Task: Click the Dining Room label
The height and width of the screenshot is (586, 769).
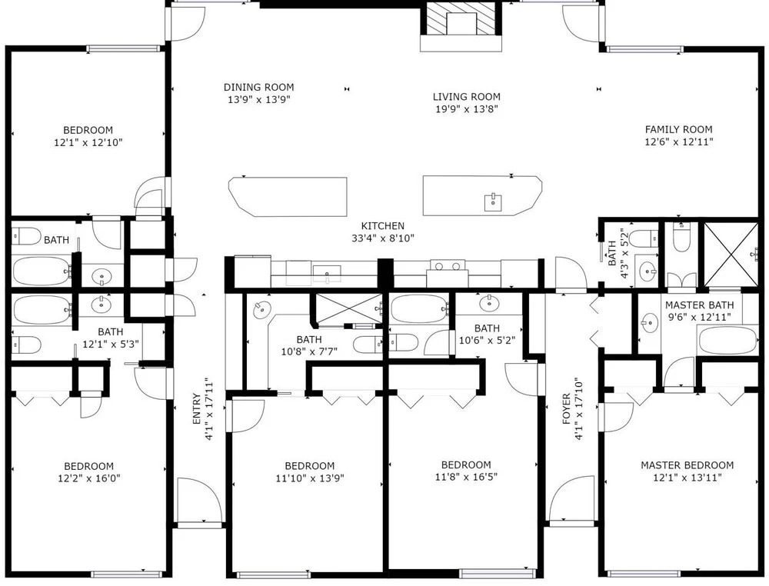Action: (258, 88)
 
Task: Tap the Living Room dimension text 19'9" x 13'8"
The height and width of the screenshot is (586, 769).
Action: (467, 109)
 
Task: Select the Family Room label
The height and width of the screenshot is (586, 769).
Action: (678, 129)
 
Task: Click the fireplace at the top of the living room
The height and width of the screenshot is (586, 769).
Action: (461, 25)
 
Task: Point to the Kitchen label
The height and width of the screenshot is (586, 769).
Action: (382, 226)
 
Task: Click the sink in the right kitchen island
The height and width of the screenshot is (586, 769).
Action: (493, 202)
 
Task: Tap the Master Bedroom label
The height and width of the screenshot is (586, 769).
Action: (687, 464)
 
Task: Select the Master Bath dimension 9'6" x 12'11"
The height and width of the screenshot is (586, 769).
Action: (699, 318)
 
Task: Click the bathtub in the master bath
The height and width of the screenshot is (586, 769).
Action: (727, 341)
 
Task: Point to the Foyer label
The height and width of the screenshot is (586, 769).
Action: (567, 408)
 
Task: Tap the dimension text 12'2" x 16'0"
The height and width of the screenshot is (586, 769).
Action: (88, 478)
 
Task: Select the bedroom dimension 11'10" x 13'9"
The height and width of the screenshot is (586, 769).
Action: (309, 478)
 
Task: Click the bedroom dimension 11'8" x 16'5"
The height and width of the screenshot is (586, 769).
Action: (466, 477)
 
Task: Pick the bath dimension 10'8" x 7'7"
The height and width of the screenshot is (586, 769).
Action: (309, 351)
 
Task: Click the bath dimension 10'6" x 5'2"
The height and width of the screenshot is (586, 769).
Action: (487, 341)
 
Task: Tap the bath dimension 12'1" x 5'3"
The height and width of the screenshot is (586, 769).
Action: (110, 345)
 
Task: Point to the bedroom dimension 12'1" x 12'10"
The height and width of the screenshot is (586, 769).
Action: (88, 143)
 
